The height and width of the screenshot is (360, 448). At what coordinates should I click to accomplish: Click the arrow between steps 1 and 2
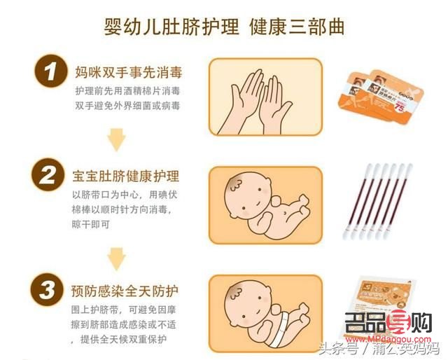coord(116,139)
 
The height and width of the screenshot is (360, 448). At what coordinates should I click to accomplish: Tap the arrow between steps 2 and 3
coord(116,257)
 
